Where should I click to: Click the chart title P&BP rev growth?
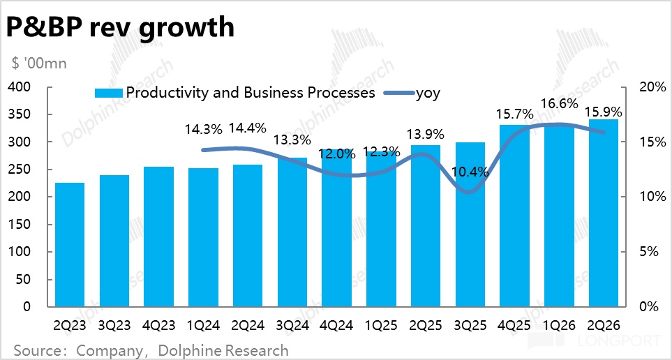click(119, 27)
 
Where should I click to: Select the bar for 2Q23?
click(70, 244)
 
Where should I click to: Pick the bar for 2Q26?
click(604, 213)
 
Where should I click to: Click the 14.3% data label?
click(204, 129)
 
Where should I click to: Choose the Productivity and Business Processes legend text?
click(251, 93)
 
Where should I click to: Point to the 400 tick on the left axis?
click(20, 87)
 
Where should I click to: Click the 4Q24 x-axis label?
click(337, 325)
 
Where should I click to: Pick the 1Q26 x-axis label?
click(560, 325)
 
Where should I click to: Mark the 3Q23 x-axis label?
click(114, 325)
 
